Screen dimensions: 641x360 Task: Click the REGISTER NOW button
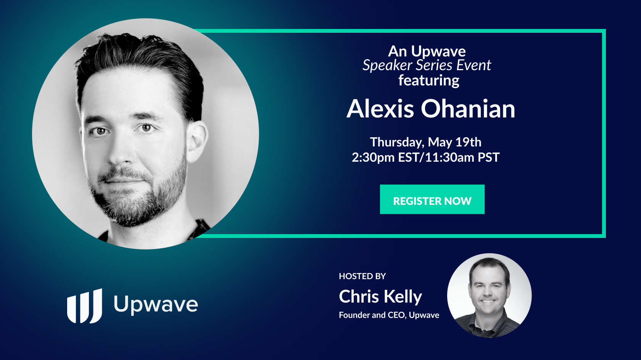pyautogui.click(x=432, y=199)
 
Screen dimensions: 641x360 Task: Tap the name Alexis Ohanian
pyautogui.click(x=431, y=109)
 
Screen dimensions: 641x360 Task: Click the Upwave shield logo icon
pyautogui.click(x=85, y=306)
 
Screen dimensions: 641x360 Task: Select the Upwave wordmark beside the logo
pyautogui.click(x=156, y=305)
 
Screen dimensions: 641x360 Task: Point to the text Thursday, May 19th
pyautogui.click(x=425, y=142)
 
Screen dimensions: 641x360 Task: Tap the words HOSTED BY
pyautogui.click(x=362, y=276)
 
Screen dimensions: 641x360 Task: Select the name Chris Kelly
pyautogui.click(x=380, y=297)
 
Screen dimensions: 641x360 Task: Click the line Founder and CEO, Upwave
pyautogui.click(x=389, y=315)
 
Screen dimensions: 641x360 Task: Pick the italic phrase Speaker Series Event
pyautogui.click(x=427, y=65)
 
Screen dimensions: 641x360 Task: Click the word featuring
pyautogui.click(x=429, y=80)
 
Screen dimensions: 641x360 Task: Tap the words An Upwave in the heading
pyautogui.click(x=427, y=51)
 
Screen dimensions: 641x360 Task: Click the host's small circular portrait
pyautogui.click(x=489, y=296)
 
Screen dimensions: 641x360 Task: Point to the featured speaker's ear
pyautogui.click(x=198, y=141)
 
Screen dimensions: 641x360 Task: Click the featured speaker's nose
pyautogui.click(x=122, y=151)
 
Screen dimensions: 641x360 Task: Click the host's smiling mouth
pyautogui.click(x=488, y=301)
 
